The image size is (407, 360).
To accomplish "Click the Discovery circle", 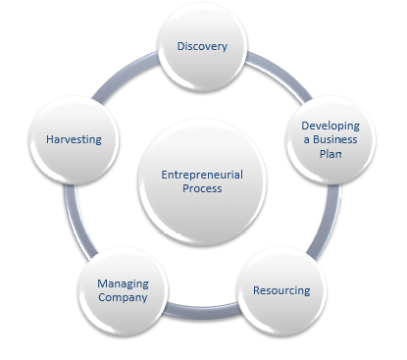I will pos(201,46).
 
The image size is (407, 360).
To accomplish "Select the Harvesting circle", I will pos(74,139).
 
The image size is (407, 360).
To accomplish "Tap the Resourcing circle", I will pos(280,290).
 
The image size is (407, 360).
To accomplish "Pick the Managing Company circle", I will pos(123,290).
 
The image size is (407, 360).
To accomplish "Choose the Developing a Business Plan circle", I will pos(330,139).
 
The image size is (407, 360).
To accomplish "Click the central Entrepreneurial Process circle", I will pos(201,181).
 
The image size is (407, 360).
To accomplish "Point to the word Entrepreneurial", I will pos(201,175).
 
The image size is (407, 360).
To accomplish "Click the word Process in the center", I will pos(201,189).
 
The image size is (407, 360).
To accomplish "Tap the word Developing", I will pos(331,126).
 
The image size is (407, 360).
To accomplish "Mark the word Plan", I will pos(330,153).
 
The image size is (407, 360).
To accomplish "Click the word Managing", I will pos(123,283).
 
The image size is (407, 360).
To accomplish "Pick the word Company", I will pos(123,297).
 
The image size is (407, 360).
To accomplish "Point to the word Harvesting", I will pos(74,139).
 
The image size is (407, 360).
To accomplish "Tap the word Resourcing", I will pos(280,290).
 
